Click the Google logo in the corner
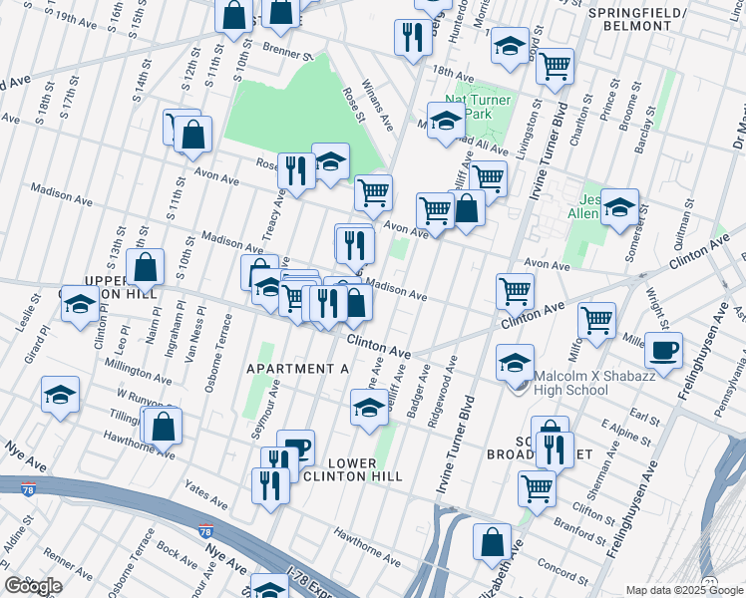click(33, 586)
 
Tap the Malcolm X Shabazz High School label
click(570, 383)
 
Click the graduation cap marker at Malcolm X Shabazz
click(515, 364)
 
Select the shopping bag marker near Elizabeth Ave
click(492, 543)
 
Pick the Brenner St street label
click(288, 49)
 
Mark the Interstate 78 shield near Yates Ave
click(205, 531)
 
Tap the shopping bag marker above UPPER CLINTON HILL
click(146, 267)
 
